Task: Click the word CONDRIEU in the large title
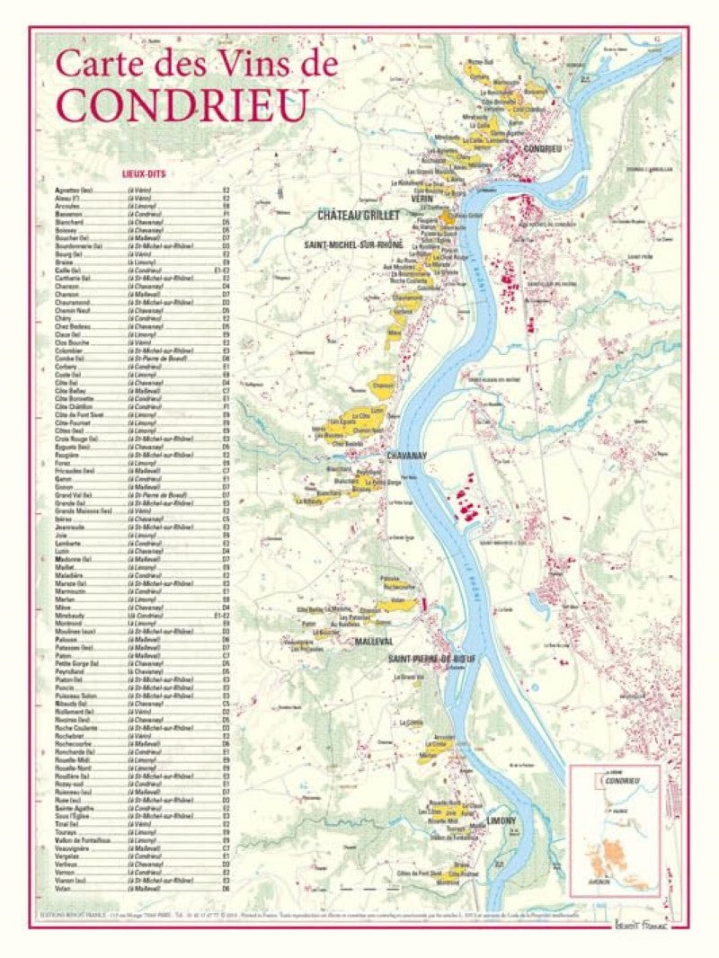[x=180, y=104]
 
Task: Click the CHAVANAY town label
[x=406, y=457]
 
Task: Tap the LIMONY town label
[x=501, y=821]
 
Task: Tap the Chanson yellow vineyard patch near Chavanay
[x=383, y=386]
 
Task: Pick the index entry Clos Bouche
[x=70, y=342]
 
